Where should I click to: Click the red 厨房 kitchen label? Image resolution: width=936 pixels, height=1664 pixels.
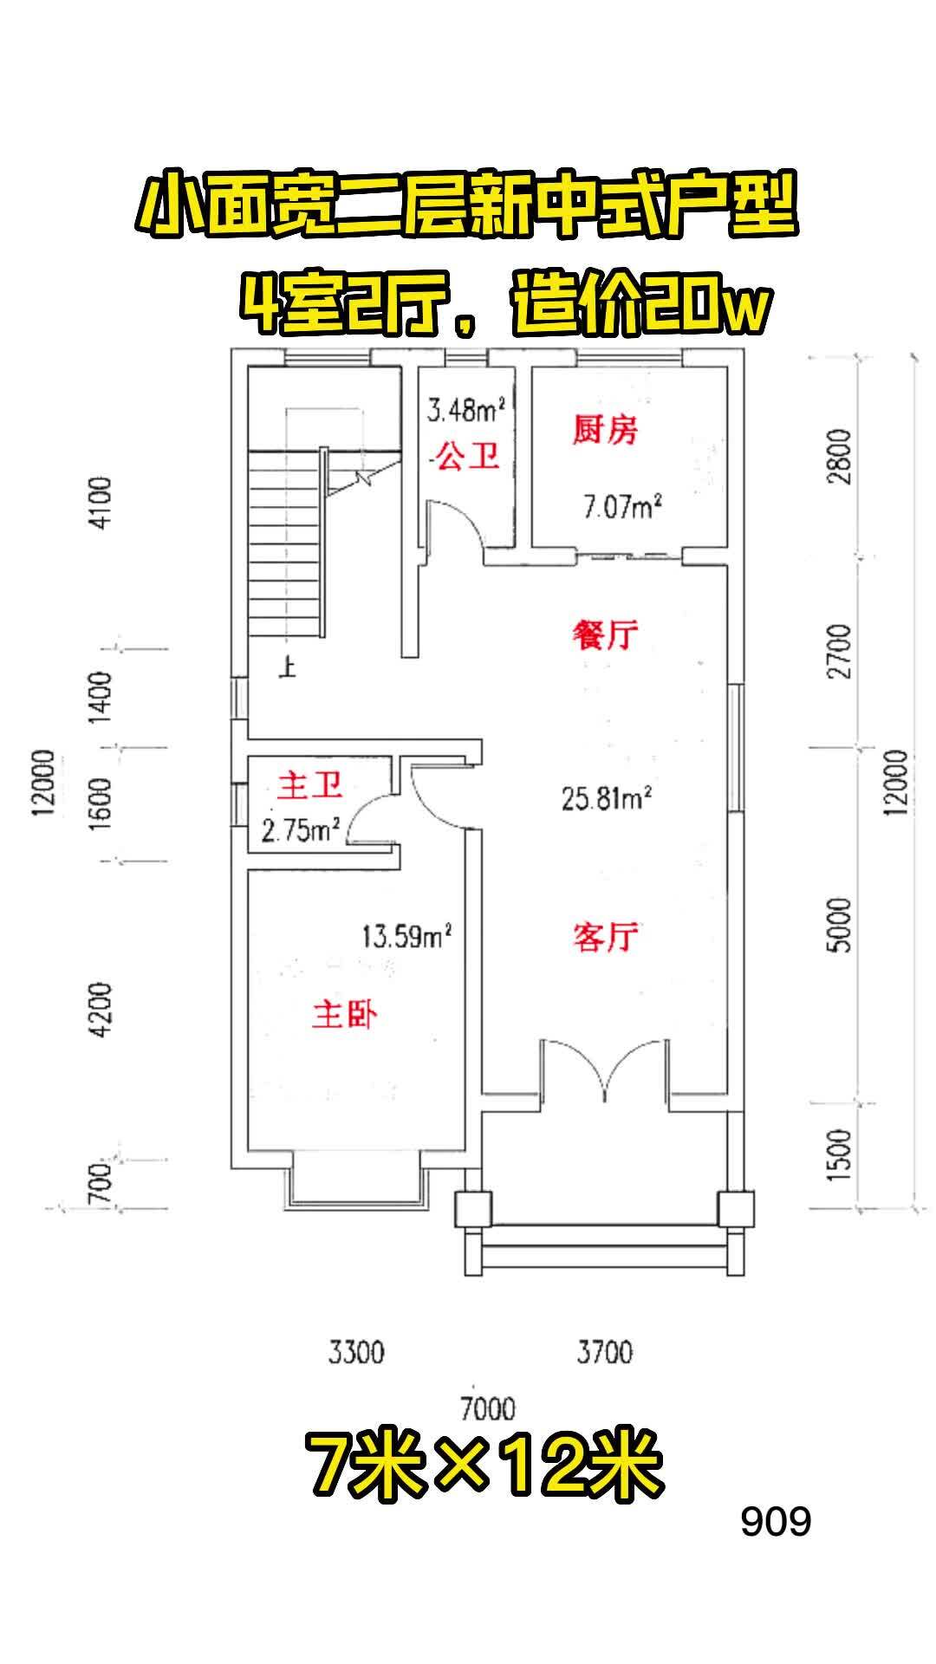click(x=605, y=430)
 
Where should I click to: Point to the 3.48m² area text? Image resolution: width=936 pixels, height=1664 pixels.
click(x=466, y=408)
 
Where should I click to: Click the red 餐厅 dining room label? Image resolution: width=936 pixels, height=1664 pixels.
click(x=605, y=635)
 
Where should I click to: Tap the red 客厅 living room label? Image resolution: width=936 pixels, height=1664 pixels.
click(x=605, y=937)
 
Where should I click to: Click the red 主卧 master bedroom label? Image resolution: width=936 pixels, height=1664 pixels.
click(x=344, y=1015)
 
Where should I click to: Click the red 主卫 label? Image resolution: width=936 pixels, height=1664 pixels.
click(x=309, y=786)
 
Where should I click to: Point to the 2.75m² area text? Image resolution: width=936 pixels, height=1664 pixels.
click(x=301, y=830)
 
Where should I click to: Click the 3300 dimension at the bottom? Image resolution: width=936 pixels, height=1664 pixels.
click(x=355, y=1351)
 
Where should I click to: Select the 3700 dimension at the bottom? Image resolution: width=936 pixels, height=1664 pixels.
click(x=604, y=1351)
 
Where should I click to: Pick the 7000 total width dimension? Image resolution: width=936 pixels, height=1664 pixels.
click(x=487, y=1408)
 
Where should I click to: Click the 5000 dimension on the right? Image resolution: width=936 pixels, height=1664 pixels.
click(x=840, y=925)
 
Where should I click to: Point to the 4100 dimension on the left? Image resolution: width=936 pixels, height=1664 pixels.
click(x=101, y=503)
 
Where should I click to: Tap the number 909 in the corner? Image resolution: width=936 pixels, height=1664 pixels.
click(x=776, y=1521)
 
